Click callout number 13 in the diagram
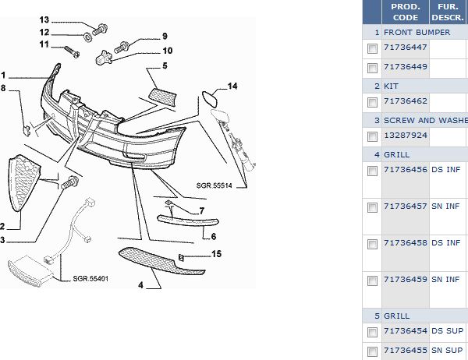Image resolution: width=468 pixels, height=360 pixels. [44, 19]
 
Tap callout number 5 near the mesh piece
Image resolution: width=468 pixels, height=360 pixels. [165, 67]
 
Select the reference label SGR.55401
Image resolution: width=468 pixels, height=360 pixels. [90, 278]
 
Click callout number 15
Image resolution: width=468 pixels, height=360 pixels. [217, 253]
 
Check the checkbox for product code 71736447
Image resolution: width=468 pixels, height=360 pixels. [372, 49]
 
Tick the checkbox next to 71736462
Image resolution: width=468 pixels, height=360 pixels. [372, 103]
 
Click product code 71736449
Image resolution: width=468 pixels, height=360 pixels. [406, 67]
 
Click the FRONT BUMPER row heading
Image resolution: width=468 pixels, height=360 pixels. [417, 33]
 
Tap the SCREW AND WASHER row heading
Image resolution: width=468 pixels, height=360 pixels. [425, 121]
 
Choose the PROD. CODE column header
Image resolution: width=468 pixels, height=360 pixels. [406, 12]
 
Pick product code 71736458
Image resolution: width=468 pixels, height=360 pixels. [406, 243]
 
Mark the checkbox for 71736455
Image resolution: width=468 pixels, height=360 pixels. [372, 351]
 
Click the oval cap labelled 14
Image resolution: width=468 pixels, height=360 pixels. [210, 99]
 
